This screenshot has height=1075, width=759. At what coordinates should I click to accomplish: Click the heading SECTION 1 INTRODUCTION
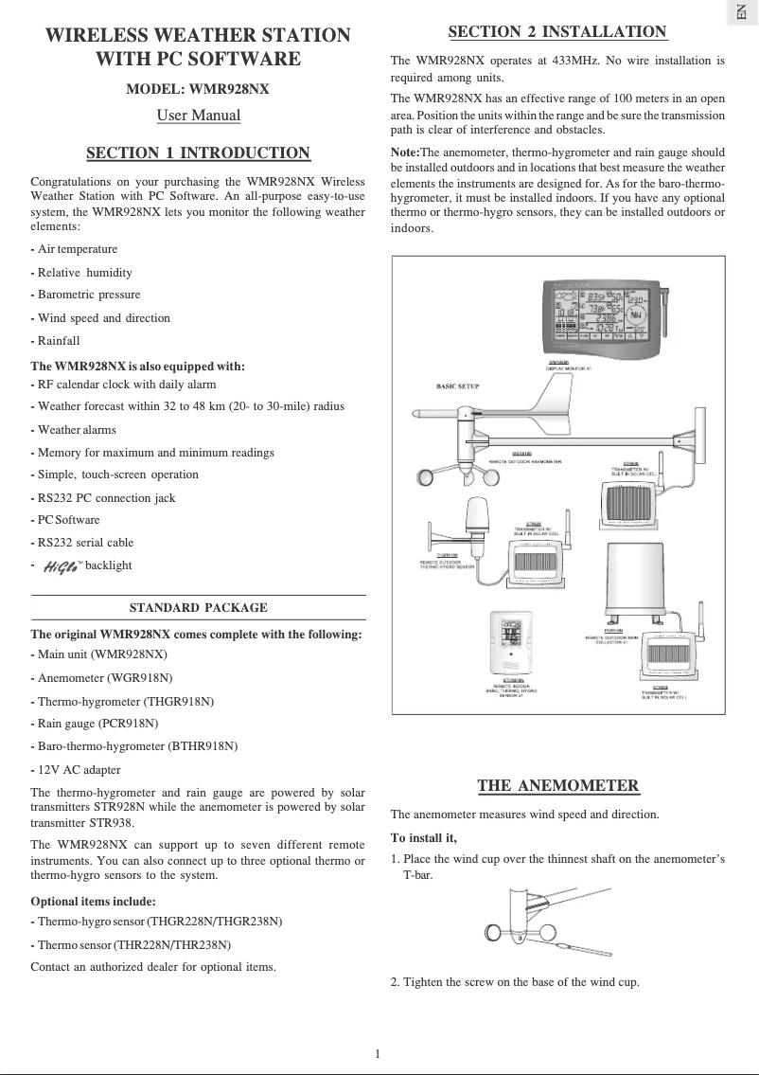coord(198,153)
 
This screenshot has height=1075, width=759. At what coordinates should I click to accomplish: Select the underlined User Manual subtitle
coord(198,116)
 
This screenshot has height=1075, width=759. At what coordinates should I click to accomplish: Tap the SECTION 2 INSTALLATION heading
coord(557,32)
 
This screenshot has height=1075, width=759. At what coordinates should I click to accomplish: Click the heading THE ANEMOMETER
coord(557,785)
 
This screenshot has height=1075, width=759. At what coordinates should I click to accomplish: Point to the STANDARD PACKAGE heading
coord(198,608)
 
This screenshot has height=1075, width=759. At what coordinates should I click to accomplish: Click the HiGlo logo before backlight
coord(62,565)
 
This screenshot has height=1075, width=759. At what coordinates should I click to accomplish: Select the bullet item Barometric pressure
coord(89,295)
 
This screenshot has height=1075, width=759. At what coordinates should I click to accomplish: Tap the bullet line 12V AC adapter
coord(79,770)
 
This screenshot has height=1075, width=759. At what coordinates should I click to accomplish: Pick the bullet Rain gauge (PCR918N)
coord(98,724)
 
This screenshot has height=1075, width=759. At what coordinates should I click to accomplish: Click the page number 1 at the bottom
coord(378,1053)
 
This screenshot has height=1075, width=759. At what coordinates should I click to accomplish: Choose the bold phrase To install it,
coord(424,838)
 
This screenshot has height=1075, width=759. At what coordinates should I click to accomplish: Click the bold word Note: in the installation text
coord(405,152)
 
